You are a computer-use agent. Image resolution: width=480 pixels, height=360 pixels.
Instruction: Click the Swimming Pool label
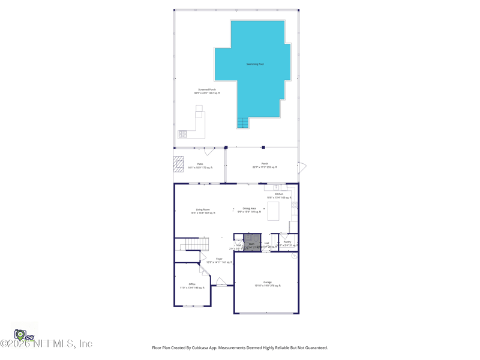[x=255, y=64]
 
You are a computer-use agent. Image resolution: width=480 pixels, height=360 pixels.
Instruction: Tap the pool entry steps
[x=242, y=122]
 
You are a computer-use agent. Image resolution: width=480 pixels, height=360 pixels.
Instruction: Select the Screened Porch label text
[x=207, y=91]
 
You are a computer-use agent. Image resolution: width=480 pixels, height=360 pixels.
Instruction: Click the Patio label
[x=200, y=166]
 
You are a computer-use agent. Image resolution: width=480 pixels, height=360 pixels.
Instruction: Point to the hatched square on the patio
[x=179, y=164]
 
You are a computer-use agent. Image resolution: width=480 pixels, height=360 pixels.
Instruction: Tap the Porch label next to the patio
[x=265, y=165]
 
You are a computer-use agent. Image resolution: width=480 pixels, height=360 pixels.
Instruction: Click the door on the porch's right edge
[x=302, y=167]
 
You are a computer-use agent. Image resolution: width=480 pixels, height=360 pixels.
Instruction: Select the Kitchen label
[x=279, y=196]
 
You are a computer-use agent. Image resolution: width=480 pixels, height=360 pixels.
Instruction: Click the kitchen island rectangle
[x=273, y=211]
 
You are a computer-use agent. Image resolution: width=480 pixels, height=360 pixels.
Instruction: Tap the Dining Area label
[x=249, y=210]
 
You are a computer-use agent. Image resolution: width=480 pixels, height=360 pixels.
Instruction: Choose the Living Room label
[x=203, y=211]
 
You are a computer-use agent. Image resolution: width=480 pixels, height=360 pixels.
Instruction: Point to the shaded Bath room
[x=253, y=243]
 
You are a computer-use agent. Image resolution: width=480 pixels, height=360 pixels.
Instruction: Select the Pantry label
[x=287, y=243]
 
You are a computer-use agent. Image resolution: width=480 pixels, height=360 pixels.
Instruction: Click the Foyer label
[x=219, y=260]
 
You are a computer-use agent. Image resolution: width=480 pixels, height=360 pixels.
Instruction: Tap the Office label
[x=192, y=286]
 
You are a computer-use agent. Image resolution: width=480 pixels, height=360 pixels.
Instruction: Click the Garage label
[x=267, y=284]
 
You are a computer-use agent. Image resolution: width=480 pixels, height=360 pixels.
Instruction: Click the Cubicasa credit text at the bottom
[x=240, y=347]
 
